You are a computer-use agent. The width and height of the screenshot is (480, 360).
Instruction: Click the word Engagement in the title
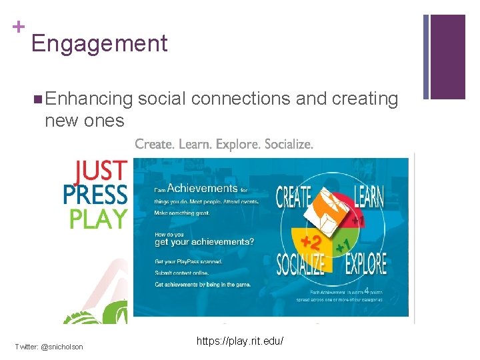[99, 44]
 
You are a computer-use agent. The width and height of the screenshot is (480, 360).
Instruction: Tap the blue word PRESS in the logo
[94, 195]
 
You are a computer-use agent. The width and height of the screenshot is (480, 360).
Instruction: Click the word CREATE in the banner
[294, 197]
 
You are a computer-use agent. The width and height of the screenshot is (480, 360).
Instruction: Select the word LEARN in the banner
[368, 197]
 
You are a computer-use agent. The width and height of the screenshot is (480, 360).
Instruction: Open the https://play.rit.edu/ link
[240, 341]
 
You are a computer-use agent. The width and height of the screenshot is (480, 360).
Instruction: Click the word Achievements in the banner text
[202, 189]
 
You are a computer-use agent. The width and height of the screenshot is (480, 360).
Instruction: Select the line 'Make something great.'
[182, 213]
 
